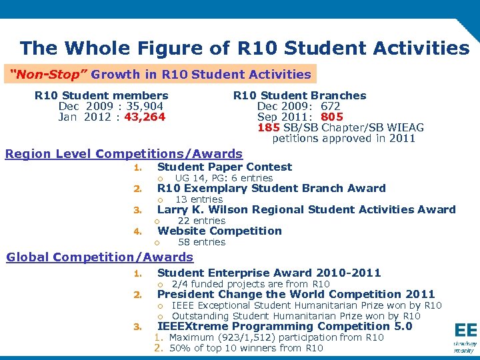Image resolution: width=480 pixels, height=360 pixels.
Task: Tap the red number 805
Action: (x=331, y=117)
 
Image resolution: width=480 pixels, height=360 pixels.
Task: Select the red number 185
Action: (x=269, y=128)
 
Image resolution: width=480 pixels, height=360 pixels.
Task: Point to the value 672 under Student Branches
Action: (x=330, y=107)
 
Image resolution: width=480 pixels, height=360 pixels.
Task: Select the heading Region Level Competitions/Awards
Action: (x=124, y=155)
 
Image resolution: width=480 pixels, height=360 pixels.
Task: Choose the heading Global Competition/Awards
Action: (x=99, y=257)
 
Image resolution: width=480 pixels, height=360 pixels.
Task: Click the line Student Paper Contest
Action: (x=224, y=167)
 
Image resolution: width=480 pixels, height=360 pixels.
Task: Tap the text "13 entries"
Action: (x=199, y=199)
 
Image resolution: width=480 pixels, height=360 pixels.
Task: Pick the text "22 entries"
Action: (x=201, y=221)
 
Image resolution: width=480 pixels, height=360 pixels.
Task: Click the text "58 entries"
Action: (x=201, y=242)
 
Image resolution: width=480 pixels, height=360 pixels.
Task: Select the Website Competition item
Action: (x=219, y=231)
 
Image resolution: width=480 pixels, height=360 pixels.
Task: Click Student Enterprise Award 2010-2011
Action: (x=269, y=273)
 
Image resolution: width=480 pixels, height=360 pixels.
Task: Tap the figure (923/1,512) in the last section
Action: (x=255, y=337)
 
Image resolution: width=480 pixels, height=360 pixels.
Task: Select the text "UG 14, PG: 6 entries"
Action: (x=223, y=178)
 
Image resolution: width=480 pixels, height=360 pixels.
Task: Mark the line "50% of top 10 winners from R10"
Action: (x=246, y=348)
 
